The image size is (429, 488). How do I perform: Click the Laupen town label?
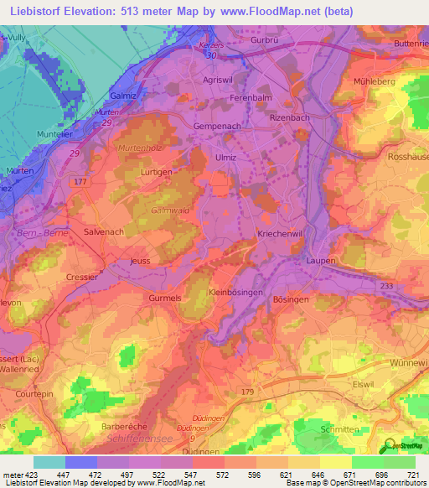click(x=319, y=261)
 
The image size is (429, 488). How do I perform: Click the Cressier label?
click(x=81, y=276)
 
